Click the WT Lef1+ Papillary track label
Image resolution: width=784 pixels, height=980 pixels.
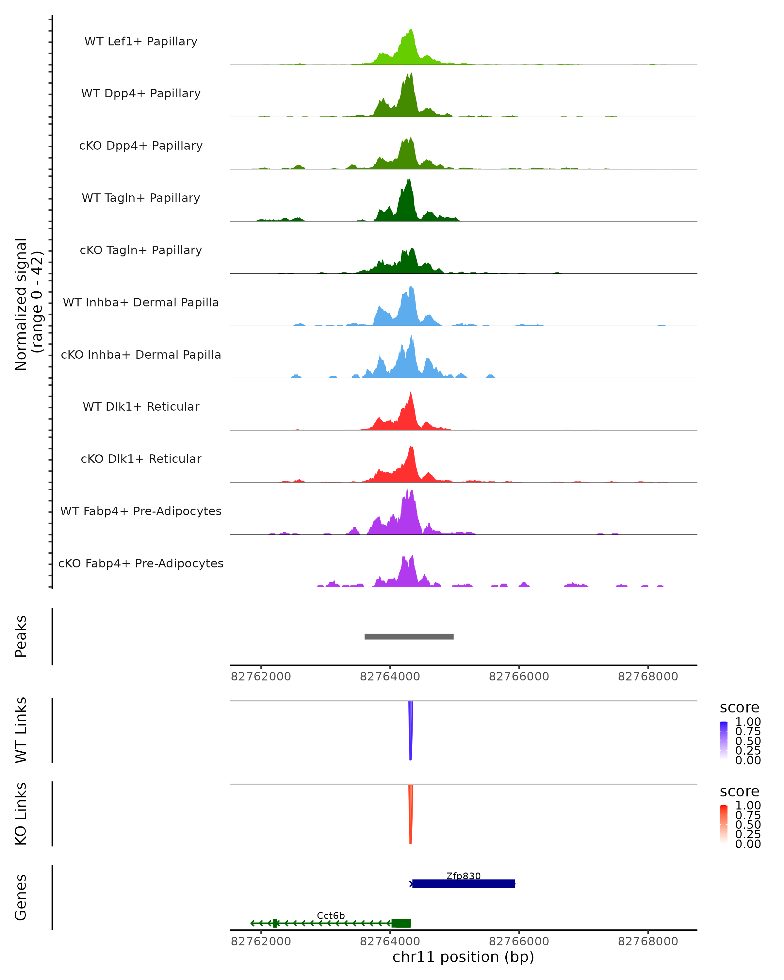click(x=141, y=41)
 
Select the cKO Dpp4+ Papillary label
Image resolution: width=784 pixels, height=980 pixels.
click(x=141, y=145)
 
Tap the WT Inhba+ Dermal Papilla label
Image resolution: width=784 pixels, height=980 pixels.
click(x=141, y=302)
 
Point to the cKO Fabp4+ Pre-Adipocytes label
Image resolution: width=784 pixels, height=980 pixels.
click(x=141, y=563)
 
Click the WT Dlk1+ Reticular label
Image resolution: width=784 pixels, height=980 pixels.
click(x=141, y=406)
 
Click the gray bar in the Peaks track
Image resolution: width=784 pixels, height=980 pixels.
click(x=409, y=636)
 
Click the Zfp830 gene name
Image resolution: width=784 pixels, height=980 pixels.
click(x=463, y=876)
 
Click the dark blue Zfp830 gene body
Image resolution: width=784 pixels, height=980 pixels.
click(x=463, y=884)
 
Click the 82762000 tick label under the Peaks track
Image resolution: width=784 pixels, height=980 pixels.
click(x=261, y=677)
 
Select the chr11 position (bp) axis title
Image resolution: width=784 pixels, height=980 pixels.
click(x=463, y=957)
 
